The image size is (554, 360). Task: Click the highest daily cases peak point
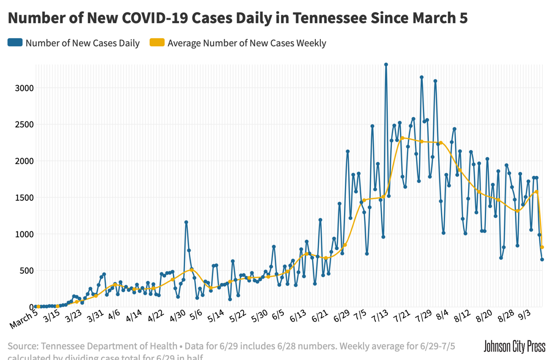click(386, 65)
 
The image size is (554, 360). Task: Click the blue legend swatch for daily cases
click(15, 43)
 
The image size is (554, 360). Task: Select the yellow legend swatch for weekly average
click(157, 43)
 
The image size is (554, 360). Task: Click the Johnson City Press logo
click(514, 346)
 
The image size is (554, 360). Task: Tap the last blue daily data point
click(542, 259)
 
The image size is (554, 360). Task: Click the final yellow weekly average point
click(542, 247)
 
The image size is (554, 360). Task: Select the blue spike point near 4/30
click(186, 222)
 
